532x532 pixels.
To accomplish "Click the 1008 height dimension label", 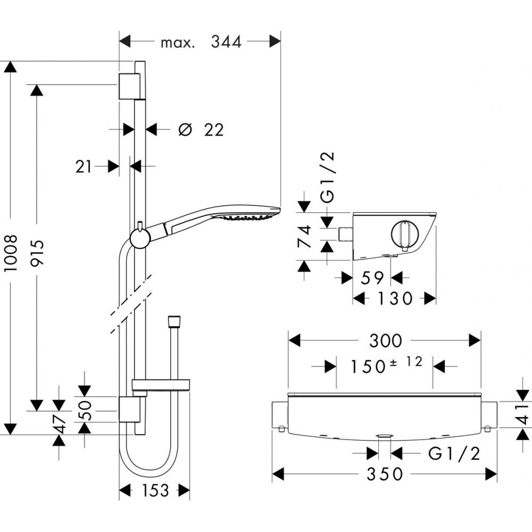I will [x=12, y=254].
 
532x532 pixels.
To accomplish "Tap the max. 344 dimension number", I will [x=226, y=41].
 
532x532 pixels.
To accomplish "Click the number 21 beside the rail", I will [x=84, y=167].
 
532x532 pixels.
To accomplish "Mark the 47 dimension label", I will [x=60, y=425].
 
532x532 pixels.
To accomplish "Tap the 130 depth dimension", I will [x=395, y=298].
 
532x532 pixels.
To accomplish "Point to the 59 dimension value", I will [x=372, y=278].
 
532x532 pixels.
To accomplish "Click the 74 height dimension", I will [x=304, y=237].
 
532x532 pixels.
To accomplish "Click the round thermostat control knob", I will [x=405, y=234].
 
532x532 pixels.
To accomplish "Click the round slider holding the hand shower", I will [x=139, y=238].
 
